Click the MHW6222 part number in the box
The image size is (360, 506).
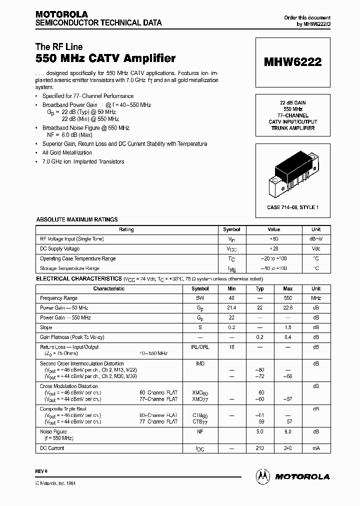point(292,62)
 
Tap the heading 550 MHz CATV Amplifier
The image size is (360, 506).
point(105,58)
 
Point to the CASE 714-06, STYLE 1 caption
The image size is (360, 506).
point(292,207)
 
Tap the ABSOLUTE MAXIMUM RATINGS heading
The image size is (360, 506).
point(77,219)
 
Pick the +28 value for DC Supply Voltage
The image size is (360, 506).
point(273,248)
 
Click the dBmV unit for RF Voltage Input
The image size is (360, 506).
point(316,239)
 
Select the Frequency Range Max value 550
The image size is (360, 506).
point(287,298)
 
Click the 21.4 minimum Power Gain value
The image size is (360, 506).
point(231,308)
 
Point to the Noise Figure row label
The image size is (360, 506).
point(53,431)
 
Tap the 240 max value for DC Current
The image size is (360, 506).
point(287,448)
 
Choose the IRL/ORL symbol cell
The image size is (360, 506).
point(200,347)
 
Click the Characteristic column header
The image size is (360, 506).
point(108,288)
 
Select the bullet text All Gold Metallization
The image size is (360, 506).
point(67,153)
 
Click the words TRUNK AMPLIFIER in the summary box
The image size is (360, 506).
point(292,128)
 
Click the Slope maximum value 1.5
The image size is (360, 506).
point(287,327)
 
